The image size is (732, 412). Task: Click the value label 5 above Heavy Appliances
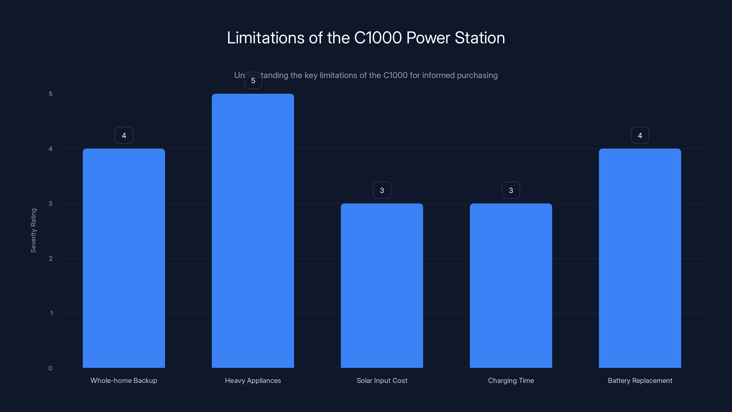[253, 81]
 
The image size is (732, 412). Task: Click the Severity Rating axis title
[34, 230]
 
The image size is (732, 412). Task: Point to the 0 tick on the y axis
[50, 368]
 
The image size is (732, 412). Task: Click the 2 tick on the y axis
[51, 258]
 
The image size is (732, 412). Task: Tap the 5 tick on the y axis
[51, 94]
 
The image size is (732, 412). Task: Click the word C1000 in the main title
[378, 38]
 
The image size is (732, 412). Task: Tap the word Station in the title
[479, 38]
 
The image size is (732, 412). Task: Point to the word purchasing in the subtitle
[477, 75]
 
